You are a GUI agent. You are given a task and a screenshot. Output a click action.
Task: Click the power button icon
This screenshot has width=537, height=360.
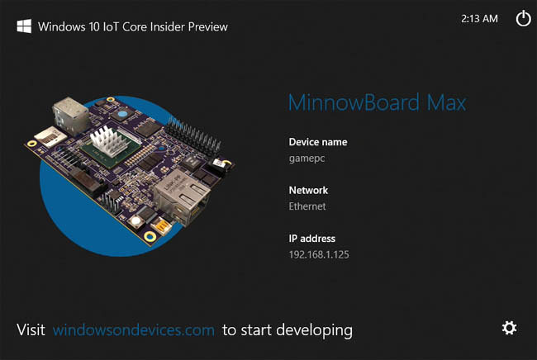click(523, 19)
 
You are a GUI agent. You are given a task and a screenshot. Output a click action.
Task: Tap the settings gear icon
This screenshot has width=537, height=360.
click(510, 328)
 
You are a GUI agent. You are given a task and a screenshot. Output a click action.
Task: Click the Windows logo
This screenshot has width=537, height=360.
click(25, 26)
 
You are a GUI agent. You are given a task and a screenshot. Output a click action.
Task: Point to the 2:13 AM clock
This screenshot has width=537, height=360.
click(479, 18)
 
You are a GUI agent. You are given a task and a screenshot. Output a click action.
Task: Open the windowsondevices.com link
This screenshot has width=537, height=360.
click(134, 330)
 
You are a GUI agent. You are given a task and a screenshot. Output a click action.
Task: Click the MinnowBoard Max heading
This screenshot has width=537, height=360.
click(377, 103)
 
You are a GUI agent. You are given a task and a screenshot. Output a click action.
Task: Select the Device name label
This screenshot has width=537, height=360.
click(318, 142)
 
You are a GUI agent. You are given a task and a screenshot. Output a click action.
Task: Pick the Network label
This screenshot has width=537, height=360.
click(308, 190)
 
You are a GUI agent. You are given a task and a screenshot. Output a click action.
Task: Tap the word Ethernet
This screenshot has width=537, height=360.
click(307, 206)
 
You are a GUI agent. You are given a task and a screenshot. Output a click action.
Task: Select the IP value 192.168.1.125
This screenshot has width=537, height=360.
click(319, 254)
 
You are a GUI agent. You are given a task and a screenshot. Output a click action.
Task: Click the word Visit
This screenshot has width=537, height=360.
click(31, 330)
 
